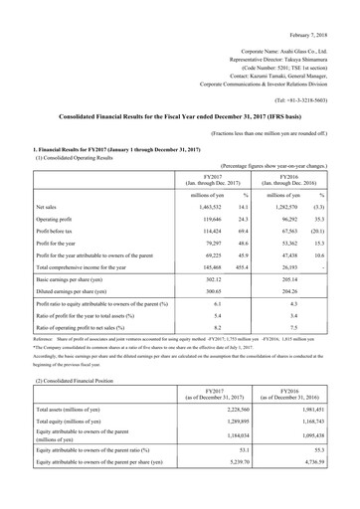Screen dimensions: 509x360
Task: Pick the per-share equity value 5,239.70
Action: point(217,491)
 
